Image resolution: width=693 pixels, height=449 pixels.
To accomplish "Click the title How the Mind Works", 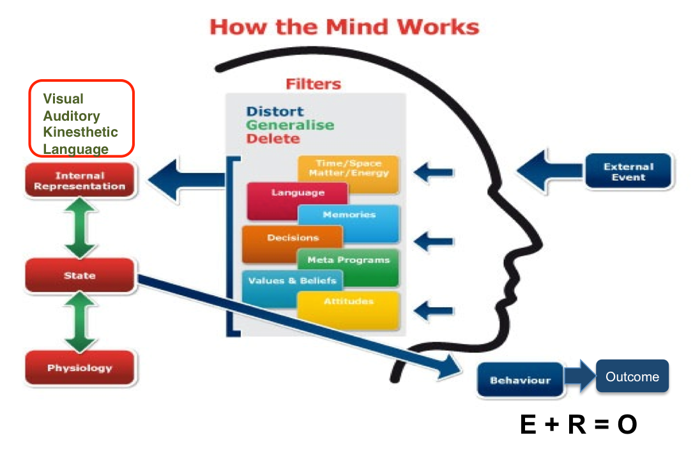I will click(344, 27).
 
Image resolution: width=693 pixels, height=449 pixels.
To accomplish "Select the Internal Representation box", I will click(80, 181).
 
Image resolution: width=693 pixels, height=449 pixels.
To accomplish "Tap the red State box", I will click(80, 275).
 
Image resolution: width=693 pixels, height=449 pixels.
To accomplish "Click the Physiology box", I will click(80, 368).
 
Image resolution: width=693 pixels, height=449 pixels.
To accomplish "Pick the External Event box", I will click(628, 171).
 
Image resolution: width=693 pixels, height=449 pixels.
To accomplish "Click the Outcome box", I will click(632, 377).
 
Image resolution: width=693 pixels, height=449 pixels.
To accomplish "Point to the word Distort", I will click(275, 112).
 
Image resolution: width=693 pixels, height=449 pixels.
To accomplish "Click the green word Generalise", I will click(290, 125).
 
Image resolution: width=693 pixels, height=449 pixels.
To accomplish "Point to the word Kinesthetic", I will click(80, 132).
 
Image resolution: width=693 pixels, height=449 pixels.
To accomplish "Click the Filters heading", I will click(313, 84).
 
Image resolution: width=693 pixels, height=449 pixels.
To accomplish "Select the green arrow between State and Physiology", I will click(80, 322).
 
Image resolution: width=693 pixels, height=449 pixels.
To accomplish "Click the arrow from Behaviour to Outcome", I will click(579, 378).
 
